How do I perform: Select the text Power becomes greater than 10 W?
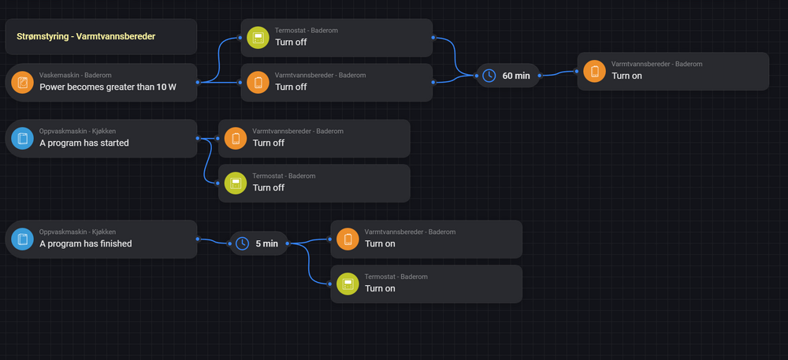coord(107,87)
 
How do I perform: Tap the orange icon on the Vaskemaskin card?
coord(22,82)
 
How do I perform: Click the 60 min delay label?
coord(516,76)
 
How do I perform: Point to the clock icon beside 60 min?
coord(489,76)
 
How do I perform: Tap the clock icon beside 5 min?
coord(243,243)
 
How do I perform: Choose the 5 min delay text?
coord(266,243)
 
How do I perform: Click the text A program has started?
coord(84,143)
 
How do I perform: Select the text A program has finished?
coord(86,243)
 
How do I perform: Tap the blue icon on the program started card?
coord(22,139)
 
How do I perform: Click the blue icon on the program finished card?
coord(22,239)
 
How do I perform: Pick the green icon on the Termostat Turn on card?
coord(348,284)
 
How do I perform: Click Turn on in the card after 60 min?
coord(626,76)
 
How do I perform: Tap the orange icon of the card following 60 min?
coord(595,72)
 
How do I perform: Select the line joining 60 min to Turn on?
coord(559,73)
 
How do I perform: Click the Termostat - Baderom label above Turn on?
coord(396,276)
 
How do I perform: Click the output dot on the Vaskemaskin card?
coord(197,82)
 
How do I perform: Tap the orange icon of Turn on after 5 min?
coord(348,239)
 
